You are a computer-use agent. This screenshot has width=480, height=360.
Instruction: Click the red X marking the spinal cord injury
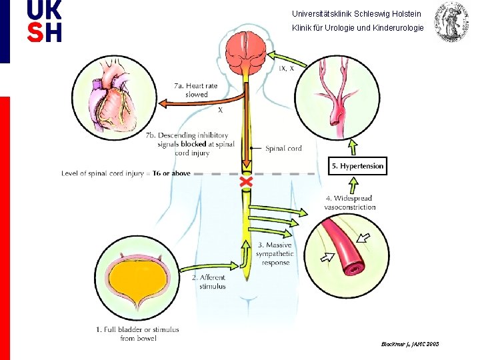(x=247, y=181)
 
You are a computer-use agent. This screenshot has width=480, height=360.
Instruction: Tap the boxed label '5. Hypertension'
(x=358, y=166)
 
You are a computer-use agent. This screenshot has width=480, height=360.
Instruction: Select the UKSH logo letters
(x=45, y=21)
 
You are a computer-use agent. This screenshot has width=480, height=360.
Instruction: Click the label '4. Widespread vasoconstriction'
(x=349, y=203)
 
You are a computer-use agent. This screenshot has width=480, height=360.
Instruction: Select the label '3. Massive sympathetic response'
(x=275, y=254)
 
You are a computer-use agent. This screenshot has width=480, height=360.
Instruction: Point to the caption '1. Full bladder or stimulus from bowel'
(x=137, y=333)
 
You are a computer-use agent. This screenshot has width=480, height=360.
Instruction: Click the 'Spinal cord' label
(x=283, y=148)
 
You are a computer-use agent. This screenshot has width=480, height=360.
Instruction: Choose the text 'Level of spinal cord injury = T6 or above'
(x=126, y=173)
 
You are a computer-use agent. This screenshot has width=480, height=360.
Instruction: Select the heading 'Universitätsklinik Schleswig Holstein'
(x=357, y=13)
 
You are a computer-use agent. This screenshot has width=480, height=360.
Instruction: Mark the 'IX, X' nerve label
(x=287, y=68)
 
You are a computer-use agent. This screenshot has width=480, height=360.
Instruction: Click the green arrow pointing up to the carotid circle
(x=353, y=147)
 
